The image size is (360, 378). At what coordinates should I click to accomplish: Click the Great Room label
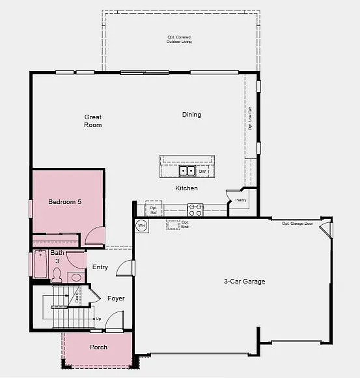click(x=93, y=121)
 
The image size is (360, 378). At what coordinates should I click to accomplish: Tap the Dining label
click(x=191, y=115)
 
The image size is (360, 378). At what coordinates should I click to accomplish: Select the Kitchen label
click(x=186, y=188)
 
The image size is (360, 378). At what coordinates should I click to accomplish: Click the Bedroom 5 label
click(x=65, y=202)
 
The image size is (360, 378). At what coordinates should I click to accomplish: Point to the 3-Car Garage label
click(x=244, y=282)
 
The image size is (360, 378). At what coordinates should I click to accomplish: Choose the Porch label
click(x=98, y=347)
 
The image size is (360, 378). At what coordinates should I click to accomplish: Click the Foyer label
click(x=116, y=298)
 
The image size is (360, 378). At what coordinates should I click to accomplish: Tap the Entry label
click(x=100, y=267)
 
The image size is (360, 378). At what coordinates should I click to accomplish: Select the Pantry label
click(x=241, y=201)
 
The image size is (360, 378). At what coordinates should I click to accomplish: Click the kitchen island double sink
click(x=187, y=171)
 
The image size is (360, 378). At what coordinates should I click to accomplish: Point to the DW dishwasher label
click(x=202, y=171)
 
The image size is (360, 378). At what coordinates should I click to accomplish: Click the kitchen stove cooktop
click(x=195, y=209)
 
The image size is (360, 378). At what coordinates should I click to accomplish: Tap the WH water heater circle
click(x=141, y=226)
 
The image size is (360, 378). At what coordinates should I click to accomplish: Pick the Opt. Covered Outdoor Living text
click(x=179, y=40)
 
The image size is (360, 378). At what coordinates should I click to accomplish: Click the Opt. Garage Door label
click(x=297, y=224)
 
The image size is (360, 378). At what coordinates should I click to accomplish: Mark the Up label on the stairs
click(x=98, y=319)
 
